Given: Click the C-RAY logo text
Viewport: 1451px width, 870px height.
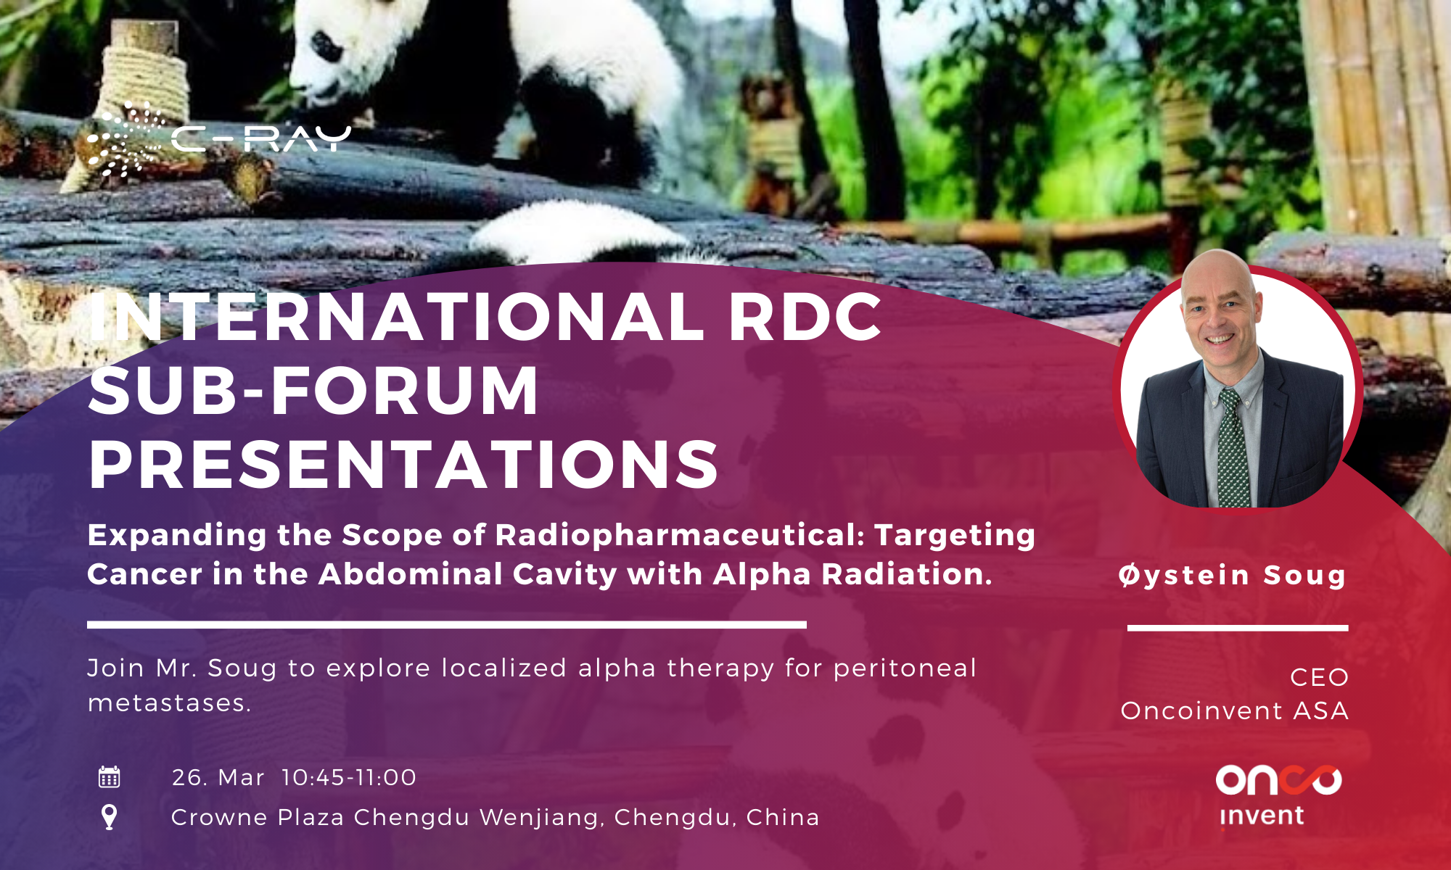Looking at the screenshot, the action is (x=262, y=138).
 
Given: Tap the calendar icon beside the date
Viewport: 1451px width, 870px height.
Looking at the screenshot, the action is (x=109, y=776).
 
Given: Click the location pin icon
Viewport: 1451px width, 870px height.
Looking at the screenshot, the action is (x=109, y=817).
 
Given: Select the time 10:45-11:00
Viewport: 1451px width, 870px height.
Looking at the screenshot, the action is (x=349, y=777).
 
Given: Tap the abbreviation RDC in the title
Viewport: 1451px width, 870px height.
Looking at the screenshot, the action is (x=805, y=317).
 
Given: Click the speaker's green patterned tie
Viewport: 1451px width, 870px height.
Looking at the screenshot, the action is (x=1233, y=449).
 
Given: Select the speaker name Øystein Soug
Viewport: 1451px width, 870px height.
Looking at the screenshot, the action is (x=1233, y=575).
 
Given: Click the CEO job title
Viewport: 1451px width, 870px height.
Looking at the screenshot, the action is (x=1319, y=677).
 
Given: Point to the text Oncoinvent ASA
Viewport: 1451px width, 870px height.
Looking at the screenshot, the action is (x=1235, y=710).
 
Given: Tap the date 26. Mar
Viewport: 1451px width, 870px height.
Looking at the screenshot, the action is (x=218, y=777).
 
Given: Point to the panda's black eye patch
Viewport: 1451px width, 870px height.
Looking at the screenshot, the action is (x=324, y=45).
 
